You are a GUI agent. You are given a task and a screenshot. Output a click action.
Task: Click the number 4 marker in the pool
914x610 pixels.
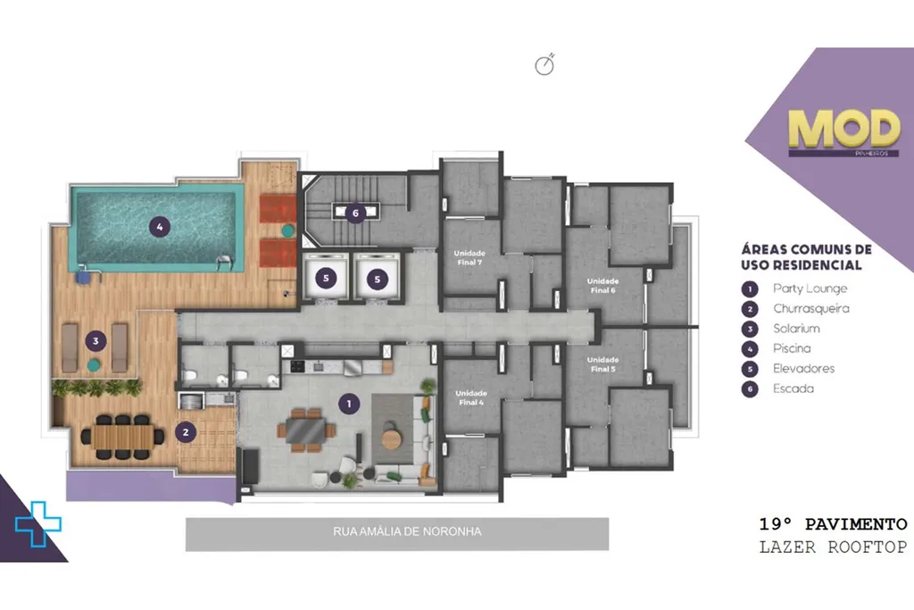(x=160, y=227)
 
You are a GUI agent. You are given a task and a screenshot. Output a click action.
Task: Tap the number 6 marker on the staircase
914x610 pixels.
(x=355, y=213)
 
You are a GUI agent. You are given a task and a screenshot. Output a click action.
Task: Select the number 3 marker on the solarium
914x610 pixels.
(x=96, y=341)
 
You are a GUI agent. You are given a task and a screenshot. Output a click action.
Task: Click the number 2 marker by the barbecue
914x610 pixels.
(x=186, y=432)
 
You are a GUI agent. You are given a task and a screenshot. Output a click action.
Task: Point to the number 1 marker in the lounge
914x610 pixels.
(x=349, y=404)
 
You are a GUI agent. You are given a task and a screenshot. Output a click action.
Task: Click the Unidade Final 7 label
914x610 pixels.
(x=469, y=258)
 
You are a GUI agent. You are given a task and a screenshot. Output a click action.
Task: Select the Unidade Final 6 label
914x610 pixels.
(x=602, y=286)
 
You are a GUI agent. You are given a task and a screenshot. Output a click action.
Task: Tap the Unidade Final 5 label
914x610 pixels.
(x=602, y=364)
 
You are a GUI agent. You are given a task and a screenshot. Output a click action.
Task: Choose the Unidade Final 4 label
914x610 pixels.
(x=471, y=397)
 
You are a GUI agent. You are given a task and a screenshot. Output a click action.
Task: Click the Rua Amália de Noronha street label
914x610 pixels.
(x=407, y=531)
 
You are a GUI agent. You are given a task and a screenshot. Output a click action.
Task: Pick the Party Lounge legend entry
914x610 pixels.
(x=810, y=288)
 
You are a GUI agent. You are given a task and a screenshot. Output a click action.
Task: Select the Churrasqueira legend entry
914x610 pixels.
(x=810, y=308)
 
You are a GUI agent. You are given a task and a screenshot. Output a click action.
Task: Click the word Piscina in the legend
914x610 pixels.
(x=792, y=348)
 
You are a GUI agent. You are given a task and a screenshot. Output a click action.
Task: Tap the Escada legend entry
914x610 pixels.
(x=793, y=389)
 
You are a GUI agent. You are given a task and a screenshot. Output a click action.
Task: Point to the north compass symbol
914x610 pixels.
(x=544, y=65)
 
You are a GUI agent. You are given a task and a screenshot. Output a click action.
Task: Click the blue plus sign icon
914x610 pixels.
(x=37, y=523)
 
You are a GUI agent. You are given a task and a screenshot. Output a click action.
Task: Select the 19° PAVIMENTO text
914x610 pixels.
(x=833, y=524)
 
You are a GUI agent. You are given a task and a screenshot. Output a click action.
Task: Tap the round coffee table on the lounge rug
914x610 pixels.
(x=393, y=438)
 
